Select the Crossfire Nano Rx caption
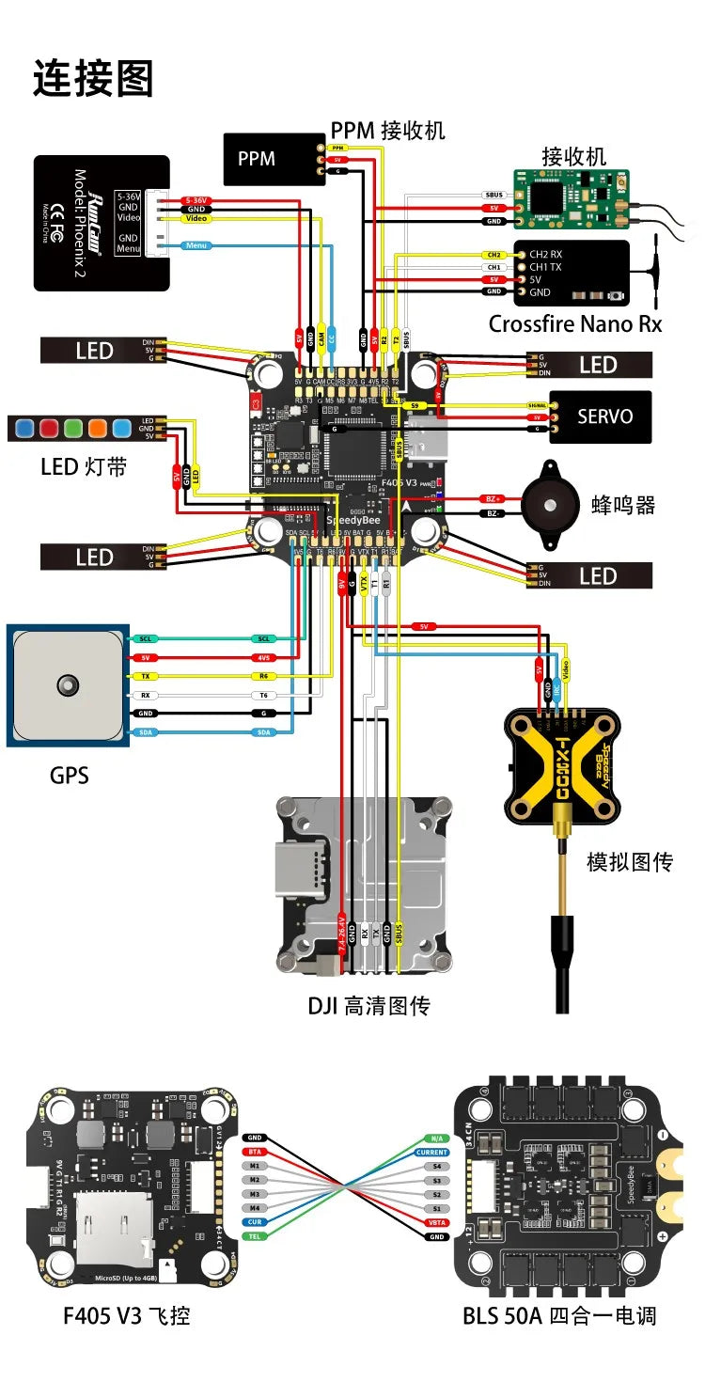574,324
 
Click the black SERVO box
600,416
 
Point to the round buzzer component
551,504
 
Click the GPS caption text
70,776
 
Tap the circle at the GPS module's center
66,684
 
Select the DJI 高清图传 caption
368,1006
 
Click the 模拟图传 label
630,861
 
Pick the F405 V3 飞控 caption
126,1314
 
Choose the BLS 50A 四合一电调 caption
558,1314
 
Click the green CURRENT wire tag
432,1152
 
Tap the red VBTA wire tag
435,1222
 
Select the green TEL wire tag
254,1236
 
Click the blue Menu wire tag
196,245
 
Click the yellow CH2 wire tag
493,255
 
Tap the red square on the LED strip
50,429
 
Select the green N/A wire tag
435,1138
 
